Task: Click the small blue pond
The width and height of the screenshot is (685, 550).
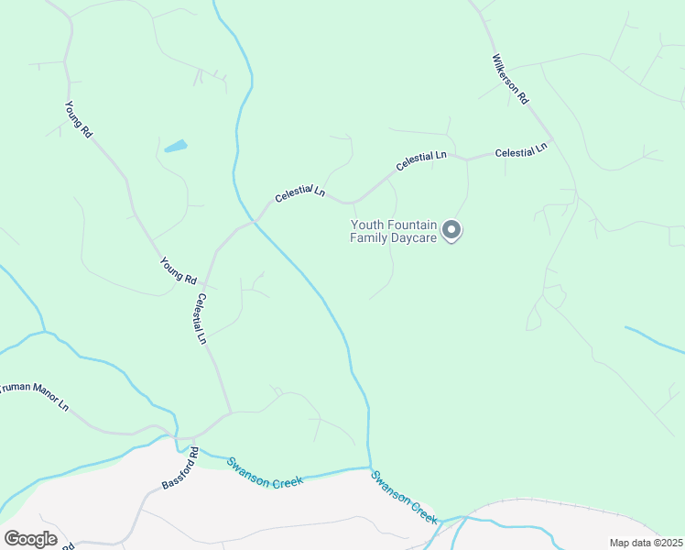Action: coord(175,146)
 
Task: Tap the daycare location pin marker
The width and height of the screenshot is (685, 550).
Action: coord(451,230)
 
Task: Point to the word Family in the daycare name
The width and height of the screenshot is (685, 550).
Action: coord(370,238)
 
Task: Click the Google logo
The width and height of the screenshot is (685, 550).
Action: coord(30,539)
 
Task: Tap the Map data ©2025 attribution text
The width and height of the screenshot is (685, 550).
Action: coord(645,543)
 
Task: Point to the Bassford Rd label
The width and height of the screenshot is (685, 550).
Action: coord(180,467)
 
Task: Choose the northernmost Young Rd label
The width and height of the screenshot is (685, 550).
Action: coord(79,119)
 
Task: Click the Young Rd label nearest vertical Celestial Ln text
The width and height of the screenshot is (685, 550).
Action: coord(178,270)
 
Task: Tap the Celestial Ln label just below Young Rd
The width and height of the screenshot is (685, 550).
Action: coord(201,318)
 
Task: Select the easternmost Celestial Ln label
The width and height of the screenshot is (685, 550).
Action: coord(521,150)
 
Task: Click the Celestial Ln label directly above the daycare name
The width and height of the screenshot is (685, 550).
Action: coord(421,161)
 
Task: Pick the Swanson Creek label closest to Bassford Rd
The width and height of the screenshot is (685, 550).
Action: coord(265,472)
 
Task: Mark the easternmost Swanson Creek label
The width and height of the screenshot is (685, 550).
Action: coord(404,496)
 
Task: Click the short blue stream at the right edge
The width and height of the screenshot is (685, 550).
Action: coord(654,339)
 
